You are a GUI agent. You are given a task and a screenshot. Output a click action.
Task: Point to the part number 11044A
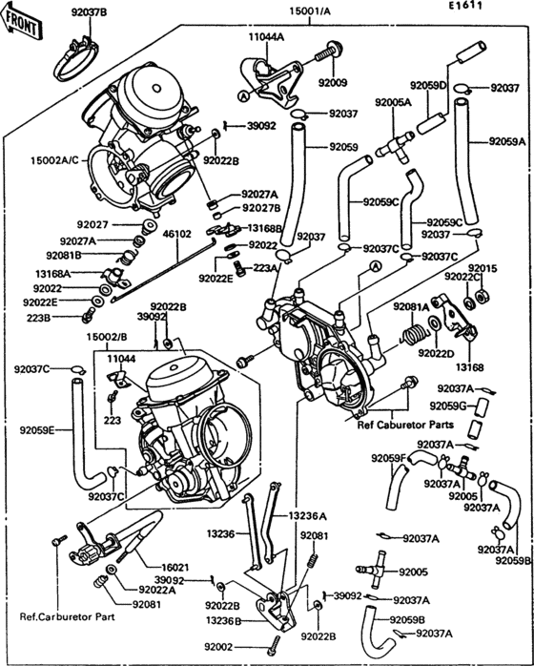(266, 36)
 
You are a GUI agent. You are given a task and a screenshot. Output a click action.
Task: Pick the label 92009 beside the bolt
(334, 83)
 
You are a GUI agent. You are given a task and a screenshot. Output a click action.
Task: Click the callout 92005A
(392, 101)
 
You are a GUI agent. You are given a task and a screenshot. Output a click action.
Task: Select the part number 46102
(177, 233)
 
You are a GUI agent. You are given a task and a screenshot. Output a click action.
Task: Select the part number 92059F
(389, 459)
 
